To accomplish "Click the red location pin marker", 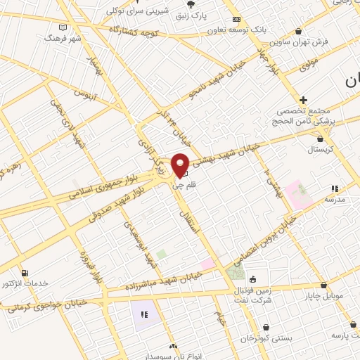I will pyautogui.click(x=181, y=165).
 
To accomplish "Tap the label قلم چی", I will pyautogui.click(x=181, y=185).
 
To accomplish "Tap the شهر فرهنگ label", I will pyautogui.click(x=63, y=37).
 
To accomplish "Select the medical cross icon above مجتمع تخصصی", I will pyautogui.click(x=303, y=100).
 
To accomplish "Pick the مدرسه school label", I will pyautogui.click(x=334, y=200).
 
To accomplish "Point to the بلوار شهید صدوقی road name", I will pyautogui.click(x=120, y=201).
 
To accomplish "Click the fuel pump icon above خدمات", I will pyautogui.click(x=26, y=273).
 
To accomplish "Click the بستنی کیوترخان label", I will pyautogui.click(x=266, y=338).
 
